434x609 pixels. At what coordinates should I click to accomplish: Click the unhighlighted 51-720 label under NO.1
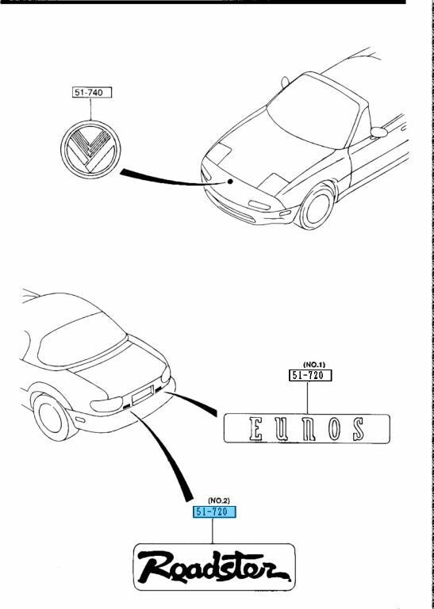pyautogui.click(x=309, y=376)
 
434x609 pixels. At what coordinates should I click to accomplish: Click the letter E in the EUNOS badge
pyautogui.click(x=256, y=429)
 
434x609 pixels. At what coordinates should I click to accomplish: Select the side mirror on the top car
pyautogui.click(x=378, y=132)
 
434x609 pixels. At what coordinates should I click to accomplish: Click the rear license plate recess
pyautogui.click(x=143, y=393)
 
